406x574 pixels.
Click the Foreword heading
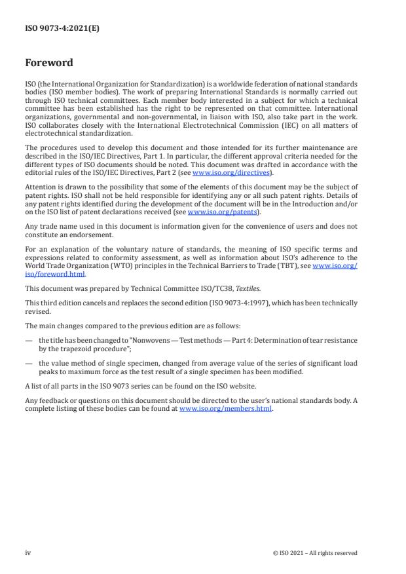(49, 64)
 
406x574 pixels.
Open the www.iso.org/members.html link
(225, 408)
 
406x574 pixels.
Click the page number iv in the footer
(28, 552)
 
